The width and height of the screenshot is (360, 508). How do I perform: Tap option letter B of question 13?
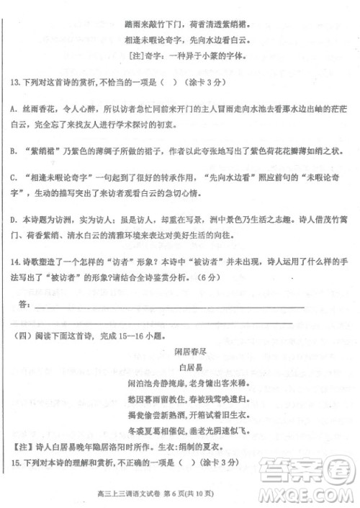pyautogui.click(x=15, y=152)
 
